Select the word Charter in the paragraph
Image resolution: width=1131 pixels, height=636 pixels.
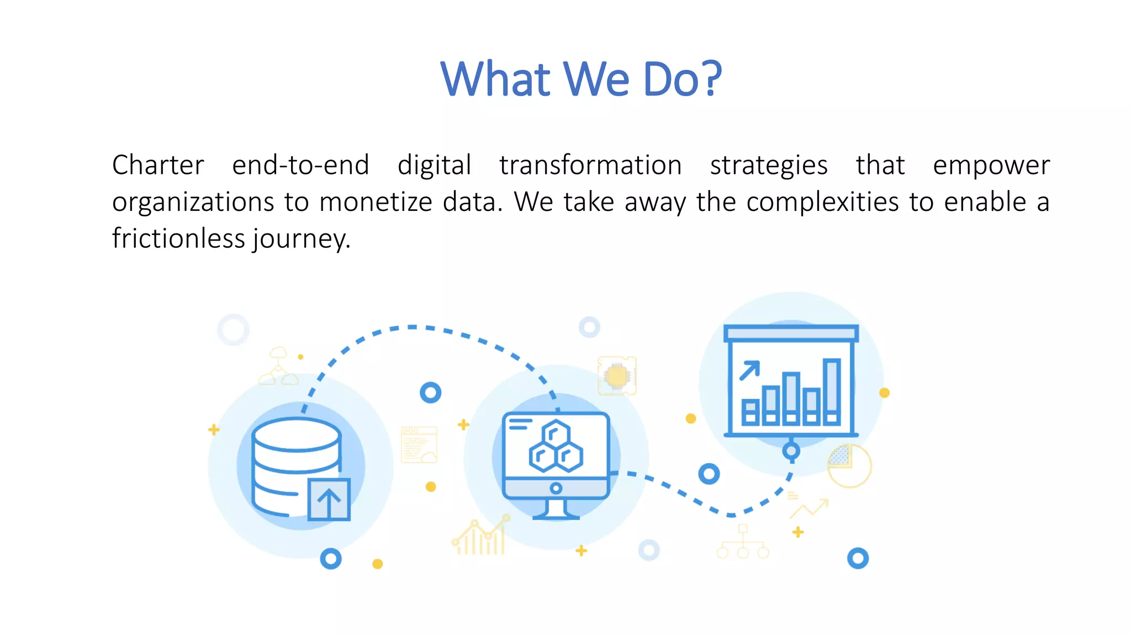click(x=158, y=165)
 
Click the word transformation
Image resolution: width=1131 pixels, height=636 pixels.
click(x=590, y=165)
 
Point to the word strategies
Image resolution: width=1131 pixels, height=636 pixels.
click(x=769, y=165)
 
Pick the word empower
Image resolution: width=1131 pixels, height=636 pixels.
click(x=991, y=165)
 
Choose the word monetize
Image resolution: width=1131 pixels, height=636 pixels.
click(x=376, y=202)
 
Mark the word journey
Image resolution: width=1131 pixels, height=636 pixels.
click(x=302, y=239)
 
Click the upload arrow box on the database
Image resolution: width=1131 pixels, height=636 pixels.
click(x=329, y=500)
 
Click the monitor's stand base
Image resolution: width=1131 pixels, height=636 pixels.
click(x=556, y=516)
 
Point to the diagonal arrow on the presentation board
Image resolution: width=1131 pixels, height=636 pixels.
click(x=750, y=370)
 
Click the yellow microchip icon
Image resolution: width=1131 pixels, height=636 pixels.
click(x=617, y=376)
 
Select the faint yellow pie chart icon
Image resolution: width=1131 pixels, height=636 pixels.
click(x=849, y=466)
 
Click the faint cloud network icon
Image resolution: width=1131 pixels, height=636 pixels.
click(x=278, y=367)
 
